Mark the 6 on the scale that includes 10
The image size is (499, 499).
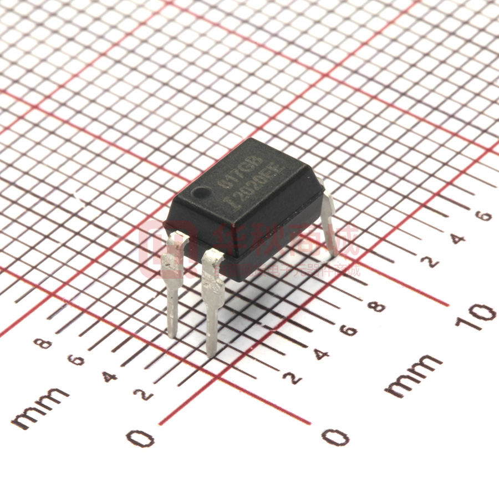coord(348,330)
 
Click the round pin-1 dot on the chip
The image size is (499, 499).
coord(200,194)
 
